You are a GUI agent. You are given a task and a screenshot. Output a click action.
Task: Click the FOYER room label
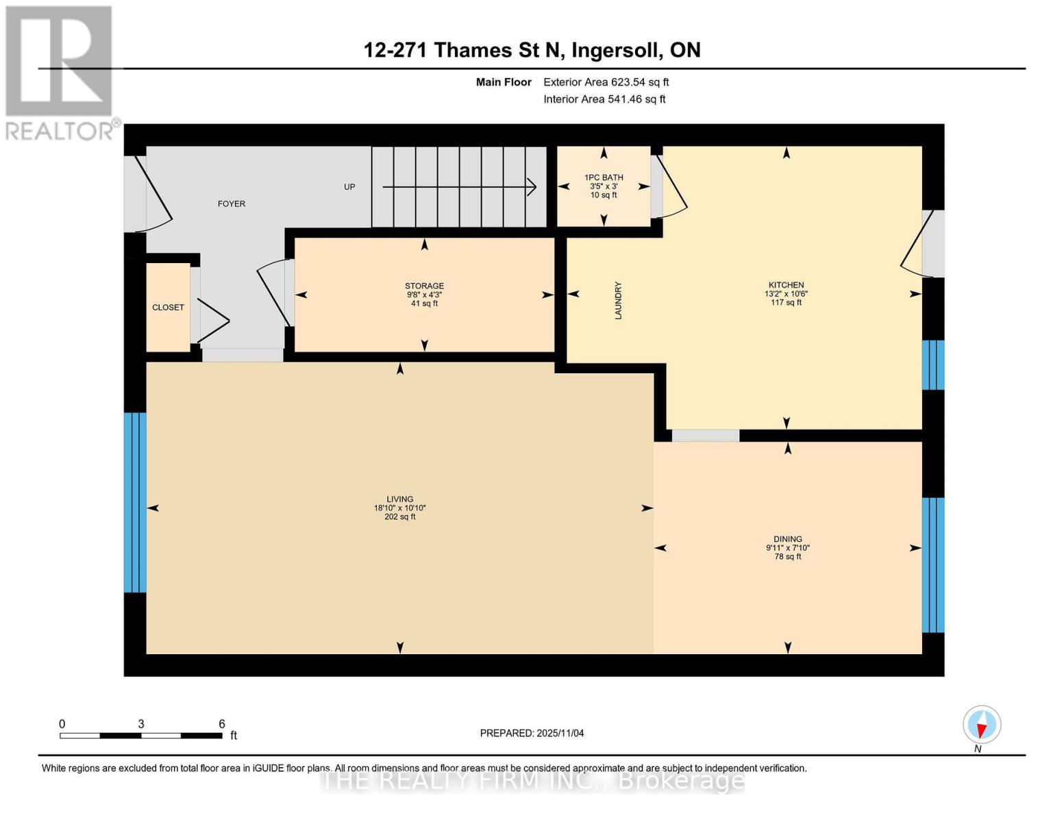pos(231,203)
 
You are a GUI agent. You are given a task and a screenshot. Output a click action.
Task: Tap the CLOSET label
pos(168,308)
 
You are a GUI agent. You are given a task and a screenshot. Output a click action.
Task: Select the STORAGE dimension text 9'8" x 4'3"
pos(424,295)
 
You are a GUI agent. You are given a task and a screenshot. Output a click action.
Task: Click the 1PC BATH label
pos(604,177)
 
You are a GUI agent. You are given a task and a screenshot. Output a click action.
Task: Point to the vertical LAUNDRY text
pos(618,300)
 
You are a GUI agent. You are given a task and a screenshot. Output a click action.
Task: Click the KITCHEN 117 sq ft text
pos(786,302)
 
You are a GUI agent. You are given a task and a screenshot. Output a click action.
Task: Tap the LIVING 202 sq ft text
pos(399,517)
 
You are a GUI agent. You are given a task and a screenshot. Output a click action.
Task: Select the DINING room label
pos(788,539)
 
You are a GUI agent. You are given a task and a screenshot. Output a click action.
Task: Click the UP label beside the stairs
pos(349,187)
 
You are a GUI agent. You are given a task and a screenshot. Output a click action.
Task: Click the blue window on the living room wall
pos(135,502)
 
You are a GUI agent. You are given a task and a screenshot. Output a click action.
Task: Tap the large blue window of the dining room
pos(932,564)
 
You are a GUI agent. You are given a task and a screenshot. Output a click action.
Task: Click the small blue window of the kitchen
pos(932,364)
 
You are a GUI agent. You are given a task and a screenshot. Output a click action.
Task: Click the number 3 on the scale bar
pos(141,724)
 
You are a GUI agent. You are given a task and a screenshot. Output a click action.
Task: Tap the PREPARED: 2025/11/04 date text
pos(532,733)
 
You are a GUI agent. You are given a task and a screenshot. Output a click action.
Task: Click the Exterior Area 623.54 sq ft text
pos(606,82)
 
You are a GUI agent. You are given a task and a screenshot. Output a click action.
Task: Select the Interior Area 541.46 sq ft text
pos(604,99)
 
